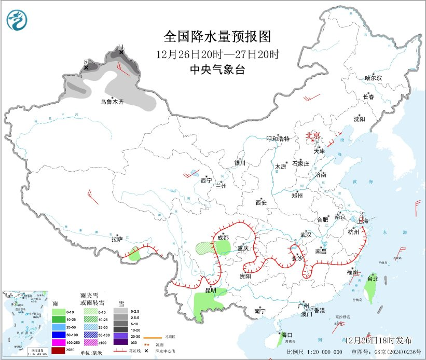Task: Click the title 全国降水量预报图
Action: click(217, 36)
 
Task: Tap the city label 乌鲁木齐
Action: click(112, 102)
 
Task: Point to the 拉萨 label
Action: click(117, 239)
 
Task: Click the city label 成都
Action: click(223, 238)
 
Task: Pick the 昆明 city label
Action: click(210, 289)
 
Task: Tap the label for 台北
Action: click(373, 279)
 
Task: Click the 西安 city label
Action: click(260, 202)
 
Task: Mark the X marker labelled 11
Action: click(121, 52)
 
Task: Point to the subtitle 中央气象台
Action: click(217, 70)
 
